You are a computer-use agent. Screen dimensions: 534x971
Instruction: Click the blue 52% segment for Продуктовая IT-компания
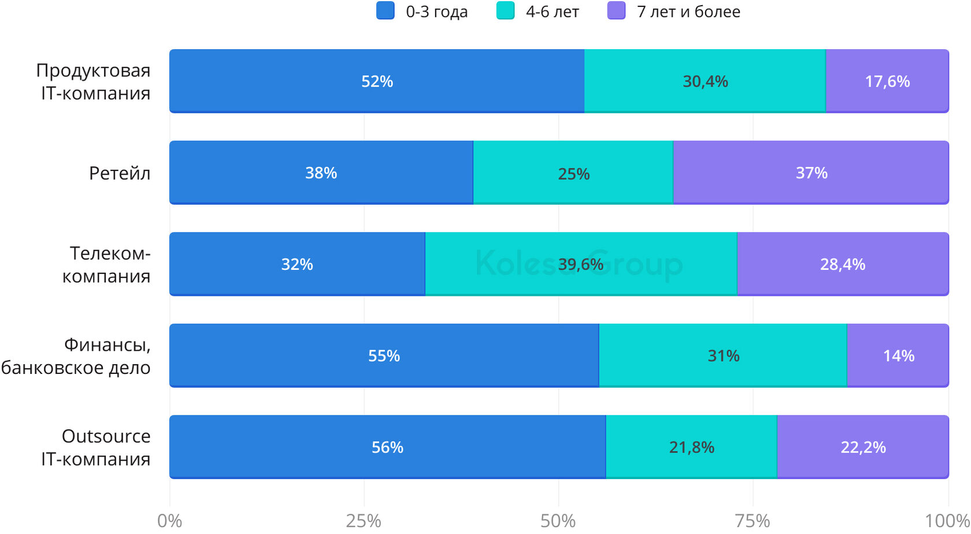[377, 81]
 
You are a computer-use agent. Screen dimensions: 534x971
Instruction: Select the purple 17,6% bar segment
[887, 81]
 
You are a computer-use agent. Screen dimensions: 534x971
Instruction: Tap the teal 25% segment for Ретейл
[573, 173]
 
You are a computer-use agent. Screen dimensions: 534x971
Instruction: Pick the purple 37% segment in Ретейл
[811, 173]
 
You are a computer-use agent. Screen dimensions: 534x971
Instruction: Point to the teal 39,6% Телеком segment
[580, 264]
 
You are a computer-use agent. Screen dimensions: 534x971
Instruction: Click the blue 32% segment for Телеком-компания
[297, 264]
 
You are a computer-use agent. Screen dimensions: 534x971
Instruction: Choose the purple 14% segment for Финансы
[898, 355]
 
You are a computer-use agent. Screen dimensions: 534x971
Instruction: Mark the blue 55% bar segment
[384, 355]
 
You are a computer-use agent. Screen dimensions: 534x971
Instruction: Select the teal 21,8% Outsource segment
[691, 447]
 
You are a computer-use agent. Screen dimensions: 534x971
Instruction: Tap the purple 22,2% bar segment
[862, 447]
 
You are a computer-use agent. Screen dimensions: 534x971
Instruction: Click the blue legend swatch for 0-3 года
[386, 11]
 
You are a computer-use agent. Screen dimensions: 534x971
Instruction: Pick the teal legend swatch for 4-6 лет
[505, 11]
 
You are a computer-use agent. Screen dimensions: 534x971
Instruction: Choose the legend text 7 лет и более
[688, 12]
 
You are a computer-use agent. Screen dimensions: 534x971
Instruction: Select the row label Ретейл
[120, 173]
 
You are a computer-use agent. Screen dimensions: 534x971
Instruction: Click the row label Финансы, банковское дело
[76, 356]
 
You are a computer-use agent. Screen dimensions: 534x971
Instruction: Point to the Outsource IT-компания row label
[96, 447]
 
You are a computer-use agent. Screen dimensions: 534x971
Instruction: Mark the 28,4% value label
[842, 264]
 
